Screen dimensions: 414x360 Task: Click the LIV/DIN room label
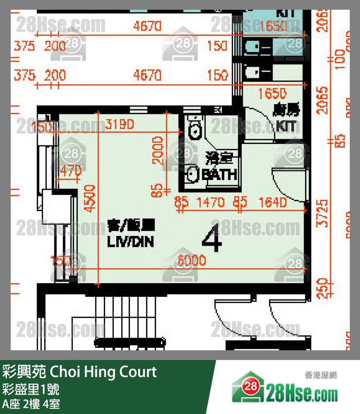coord(130,242)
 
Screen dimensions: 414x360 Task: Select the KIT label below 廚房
coord(286,126)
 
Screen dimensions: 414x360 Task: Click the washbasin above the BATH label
coord(193,174)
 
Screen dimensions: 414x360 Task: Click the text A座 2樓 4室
coord(31,404)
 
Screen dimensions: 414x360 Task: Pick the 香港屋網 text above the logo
coord(321,375)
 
